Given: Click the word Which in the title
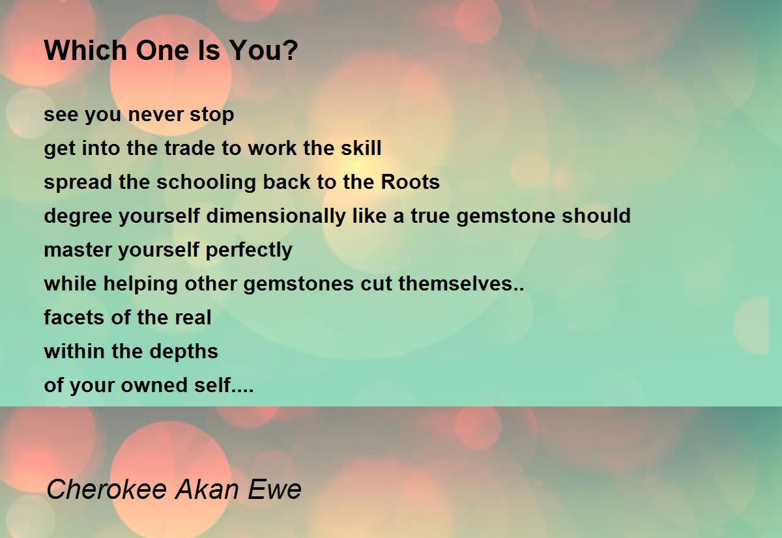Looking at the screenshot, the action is click(85, 50).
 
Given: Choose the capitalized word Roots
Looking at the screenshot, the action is click(410, 182).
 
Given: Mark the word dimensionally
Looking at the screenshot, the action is click(276, 216).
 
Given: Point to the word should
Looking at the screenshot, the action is click(596, 216).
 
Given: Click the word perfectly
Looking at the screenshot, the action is click(249, 250).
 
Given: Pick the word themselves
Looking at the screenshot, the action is click(456, 283).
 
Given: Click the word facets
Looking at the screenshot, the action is click(74, 317).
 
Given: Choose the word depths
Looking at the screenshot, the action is click(184, 351).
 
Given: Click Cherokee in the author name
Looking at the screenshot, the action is click(106, 489).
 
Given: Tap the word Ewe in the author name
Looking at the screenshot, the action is click(274, 490).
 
